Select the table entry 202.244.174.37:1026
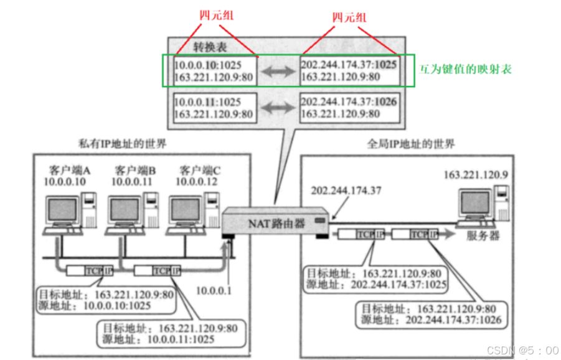tap(349, 102)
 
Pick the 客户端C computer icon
tap(192, 213)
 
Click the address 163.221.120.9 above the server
tap(476, 174)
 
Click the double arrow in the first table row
tap(276, 72)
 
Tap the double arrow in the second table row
tap(276, 108)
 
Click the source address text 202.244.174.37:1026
tap(445, 320)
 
